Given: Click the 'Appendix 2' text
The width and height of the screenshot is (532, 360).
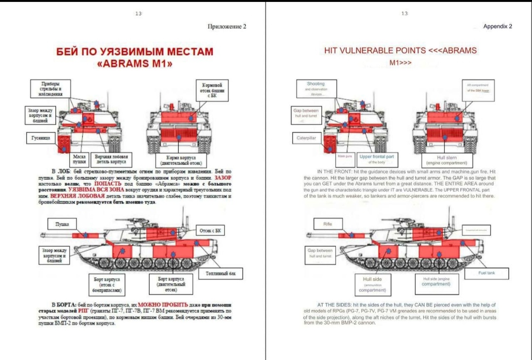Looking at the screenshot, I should click(498, 27).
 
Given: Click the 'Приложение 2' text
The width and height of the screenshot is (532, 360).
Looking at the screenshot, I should click(227, 27).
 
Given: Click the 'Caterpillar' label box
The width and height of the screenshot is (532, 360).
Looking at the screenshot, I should click(306, 138).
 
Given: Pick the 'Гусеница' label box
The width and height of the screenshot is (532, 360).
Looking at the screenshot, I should click(38, 138).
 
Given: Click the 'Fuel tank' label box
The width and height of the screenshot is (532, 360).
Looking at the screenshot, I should click(487, 273).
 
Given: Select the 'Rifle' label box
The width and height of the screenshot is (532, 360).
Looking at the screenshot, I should click(328, 224).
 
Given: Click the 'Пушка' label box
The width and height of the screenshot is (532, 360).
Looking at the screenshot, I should click(62, 224).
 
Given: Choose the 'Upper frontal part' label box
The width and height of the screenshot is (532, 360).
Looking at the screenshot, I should click(377, 159).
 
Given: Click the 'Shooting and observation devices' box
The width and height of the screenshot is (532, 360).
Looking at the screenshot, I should click(316, 89).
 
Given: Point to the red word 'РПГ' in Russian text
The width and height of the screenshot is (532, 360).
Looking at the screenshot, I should click(83, 311).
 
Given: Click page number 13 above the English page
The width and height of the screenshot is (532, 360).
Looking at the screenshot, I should click(404, 13).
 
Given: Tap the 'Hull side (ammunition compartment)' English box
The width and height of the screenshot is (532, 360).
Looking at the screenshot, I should click(372, 284).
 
